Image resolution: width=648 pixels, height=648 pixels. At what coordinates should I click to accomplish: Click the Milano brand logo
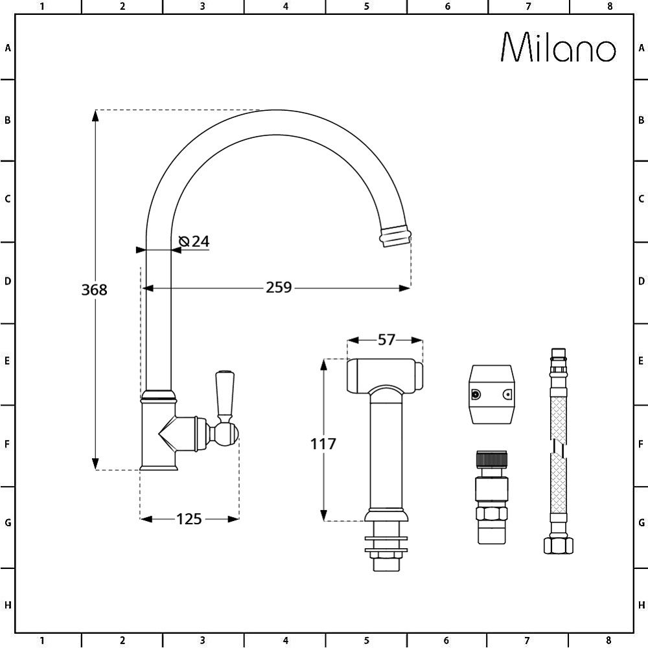[559, 48]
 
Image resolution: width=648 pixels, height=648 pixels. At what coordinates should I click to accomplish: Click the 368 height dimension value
[94, 290]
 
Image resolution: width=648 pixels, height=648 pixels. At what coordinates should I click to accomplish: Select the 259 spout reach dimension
[279, 287]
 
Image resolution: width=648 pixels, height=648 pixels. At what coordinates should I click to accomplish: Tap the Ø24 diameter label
[194, 241]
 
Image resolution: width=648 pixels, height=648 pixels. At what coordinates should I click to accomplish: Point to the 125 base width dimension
[189, 518]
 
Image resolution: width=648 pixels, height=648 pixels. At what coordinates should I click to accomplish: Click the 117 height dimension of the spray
[323, 444]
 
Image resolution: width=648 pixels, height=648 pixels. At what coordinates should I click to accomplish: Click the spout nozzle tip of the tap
[395, 237]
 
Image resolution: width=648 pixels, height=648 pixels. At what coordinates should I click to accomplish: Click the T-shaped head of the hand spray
[386, 376]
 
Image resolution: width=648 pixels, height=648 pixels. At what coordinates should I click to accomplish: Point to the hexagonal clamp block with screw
[491, 395]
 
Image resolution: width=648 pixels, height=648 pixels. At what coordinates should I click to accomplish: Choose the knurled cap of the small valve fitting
[492, 461]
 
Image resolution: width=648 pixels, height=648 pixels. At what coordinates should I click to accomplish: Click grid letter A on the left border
[8, 48]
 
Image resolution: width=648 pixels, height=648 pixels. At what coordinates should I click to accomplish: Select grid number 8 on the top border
[609, 6]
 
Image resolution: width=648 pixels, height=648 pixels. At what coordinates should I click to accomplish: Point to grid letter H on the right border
[640, 605]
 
